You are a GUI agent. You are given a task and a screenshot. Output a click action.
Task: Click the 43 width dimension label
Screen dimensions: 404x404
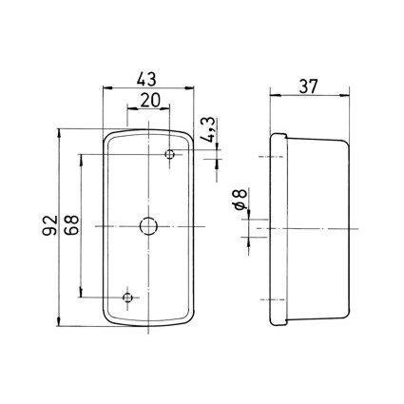coord(146,79)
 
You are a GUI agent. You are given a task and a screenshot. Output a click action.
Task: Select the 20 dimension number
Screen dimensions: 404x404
coord(150,101)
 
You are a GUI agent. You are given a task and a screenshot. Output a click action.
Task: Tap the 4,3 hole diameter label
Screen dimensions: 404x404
coord(209,130)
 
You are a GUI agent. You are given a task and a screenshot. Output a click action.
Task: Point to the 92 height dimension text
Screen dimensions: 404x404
coord(49,225)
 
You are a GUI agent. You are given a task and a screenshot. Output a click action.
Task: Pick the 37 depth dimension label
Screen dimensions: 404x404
coord(308,87)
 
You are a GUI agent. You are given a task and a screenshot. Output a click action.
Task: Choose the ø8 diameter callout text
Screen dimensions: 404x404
coord(240,200)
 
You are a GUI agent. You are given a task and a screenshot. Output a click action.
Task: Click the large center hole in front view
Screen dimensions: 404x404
coord(148,226)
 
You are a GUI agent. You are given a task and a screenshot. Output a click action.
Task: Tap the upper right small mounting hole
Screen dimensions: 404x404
coord(170,154)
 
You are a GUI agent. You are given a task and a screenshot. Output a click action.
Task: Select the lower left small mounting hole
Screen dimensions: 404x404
coord(127,298)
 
